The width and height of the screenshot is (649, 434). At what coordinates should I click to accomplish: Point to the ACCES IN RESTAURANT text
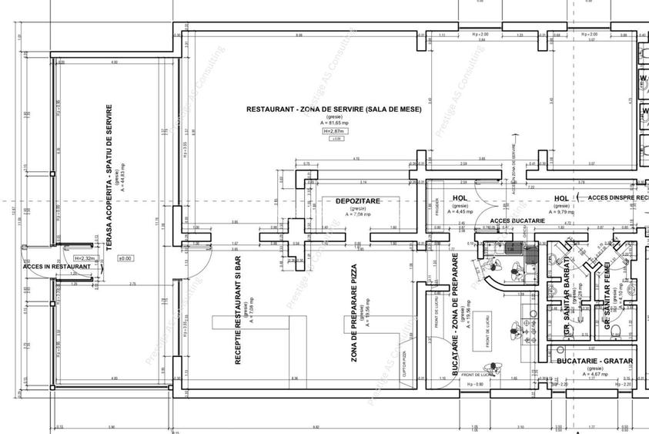click(x=58, y=267)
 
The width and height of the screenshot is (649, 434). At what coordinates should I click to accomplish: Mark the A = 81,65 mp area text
click(x=334, y=123)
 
